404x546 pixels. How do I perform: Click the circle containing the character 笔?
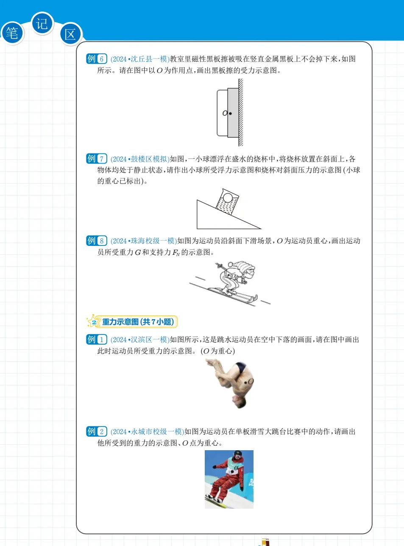click(x=12, y=33)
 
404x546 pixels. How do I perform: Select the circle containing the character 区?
click(x=70, y=34)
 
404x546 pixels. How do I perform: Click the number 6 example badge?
click(x=97, y=59)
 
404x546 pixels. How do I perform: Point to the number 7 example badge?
click(x=97, y=159)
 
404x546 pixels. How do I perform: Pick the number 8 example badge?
click(x=97, y=241)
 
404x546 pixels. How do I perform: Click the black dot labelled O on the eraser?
click(x=230, y=114)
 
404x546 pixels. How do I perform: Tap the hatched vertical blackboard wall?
click(x=241, y=113)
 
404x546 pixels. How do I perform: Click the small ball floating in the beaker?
click(x=228, y=198)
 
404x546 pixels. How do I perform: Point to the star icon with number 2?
click(x=92, y=322)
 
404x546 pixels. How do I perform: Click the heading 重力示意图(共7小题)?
click(x=138, y=322)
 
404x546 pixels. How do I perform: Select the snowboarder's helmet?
click(x=238, y=454)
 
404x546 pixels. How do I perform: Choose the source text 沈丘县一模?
click(x=149, y=59)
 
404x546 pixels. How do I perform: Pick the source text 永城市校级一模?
click(x=156, y=432)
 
